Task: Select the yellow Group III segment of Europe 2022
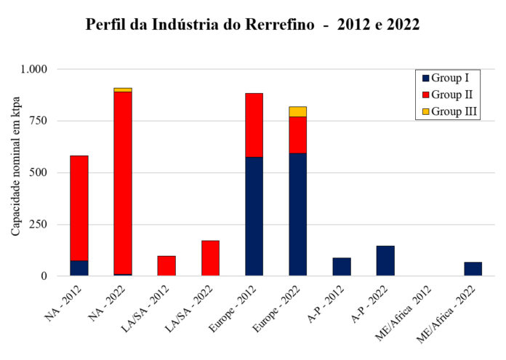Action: pyautogui.click(x=298, y=112)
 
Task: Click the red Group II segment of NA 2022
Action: pyautogui.click(x=123, y=183)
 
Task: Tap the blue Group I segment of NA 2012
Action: pyautogui.click(x=79, y=268)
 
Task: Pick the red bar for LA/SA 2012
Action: pyautogui.click(x=166, y=265)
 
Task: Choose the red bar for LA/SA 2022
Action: pyautogui.click(x=210, y=258)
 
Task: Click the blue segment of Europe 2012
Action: pyautogui.click(x=254, y=216)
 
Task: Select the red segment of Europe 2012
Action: pyautogui.click(x=254, y=125)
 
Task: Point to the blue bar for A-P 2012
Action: pyautogui.click(x=342, y=267)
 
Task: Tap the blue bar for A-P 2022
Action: pyautogui.click(x=385, y=261)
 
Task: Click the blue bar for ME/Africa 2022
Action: pyautogui.click(x=473, y=269)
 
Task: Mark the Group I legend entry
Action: pyautogui.click(x=446, y=78)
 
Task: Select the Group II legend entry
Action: pyautogui.click(x=448, y=95)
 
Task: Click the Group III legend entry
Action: pyautogui.click(x=449, y=112)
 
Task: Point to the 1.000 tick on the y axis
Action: pyautogui.click(x=34, y=69)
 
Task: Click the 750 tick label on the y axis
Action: pyautogui.click(x=38, y=121)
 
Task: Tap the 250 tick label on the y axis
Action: pyautogui.click(x=38, y=225)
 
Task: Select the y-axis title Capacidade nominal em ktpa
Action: pyautogui.click(x=15, y=167)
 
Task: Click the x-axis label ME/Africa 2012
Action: pyautogui.click(x=403, y=313)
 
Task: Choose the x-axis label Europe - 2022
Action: pyautogui.click(x=277, y=308)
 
